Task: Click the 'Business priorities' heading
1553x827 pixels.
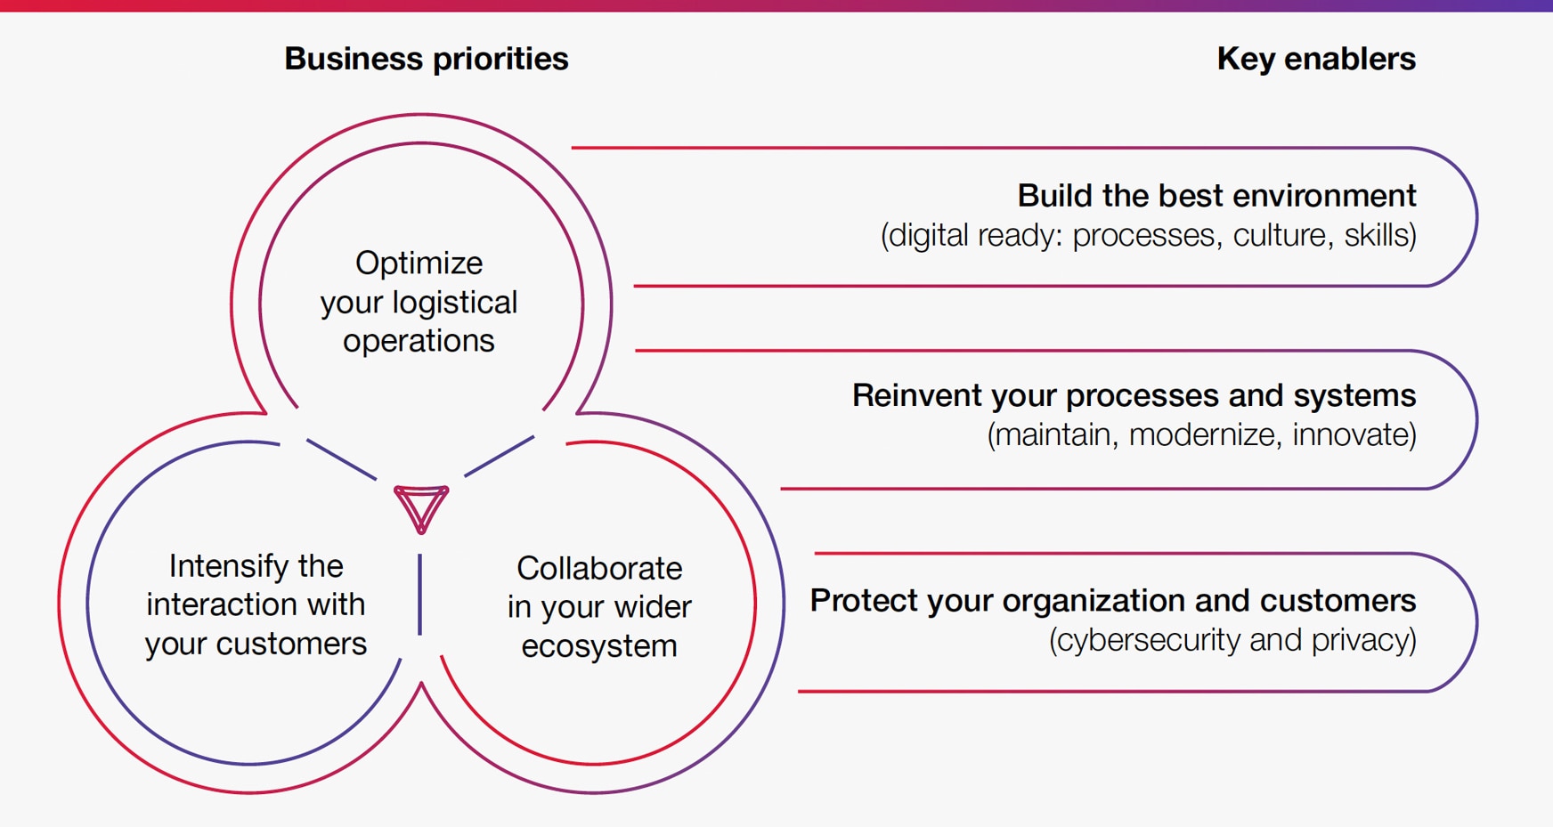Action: [426, 59]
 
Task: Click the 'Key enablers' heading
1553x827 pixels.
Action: [1315, 59]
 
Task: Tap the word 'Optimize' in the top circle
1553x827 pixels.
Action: [419, 263]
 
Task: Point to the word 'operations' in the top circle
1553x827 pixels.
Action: [419, 341]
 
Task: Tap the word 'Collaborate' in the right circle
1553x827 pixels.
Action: [599, 568]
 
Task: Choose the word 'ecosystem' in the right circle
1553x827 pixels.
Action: [599, 646]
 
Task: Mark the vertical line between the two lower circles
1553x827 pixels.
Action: [420, 594]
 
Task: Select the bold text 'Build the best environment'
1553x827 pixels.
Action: [1216, 195]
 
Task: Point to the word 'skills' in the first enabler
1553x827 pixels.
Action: [1379, 236]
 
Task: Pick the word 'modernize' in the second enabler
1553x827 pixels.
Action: [1201, 435]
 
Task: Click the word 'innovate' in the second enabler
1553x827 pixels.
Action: [1353, 435]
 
